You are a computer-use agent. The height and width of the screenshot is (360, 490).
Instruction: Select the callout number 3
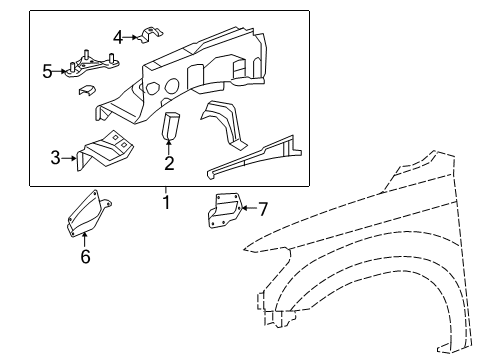click(x=56, y=156)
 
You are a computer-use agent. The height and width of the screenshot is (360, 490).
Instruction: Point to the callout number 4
click(x=118, y=38)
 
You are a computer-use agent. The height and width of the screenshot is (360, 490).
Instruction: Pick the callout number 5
click(x=47, y=71)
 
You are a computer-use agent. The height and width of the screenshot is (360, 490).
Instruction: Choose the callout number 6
click(x=85, y=257)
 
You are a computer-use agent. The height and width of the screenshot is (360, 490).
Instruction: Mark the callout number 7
click(x=263, y=209)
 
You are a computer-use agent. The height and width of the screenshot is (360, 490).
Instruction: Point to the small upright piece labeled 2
click(x=170, y=126)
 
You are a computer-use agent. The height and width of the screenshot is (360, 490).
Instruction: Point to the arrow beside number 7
click(x=246, y=209)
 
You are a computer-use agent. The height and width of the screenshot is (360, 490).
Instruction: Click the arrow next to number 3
click(x=71, y=156)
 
